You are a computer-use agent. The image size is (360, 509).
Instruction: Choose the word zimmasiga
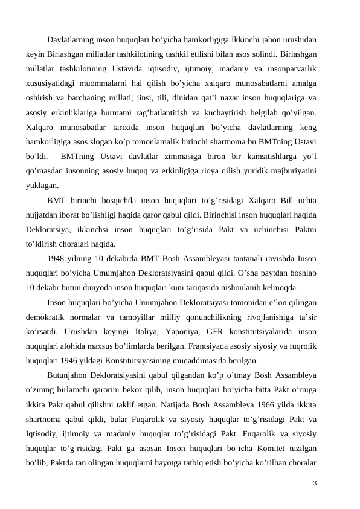pos(176,157)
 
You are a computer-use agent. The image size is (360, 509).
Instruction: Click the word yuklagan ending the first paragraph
pos(42,186)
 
